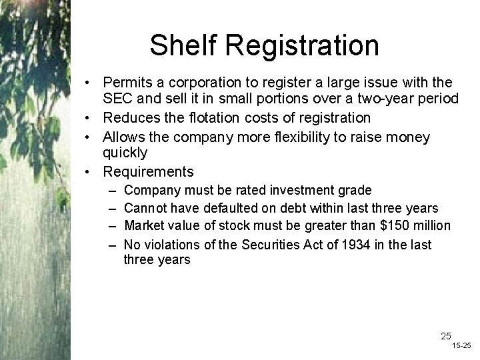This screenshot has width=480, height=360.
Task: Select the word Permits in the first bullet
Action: pos(127,83)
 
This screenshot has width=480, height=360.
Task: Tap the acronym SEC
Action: pos(117,99)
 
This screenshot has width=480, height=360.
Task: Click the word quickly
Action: pos(125,153)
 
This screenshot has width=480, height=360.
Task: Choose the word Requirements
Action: pos(148,172)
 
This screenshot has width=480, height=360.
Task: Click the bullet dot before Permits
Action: pos(88,84)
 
